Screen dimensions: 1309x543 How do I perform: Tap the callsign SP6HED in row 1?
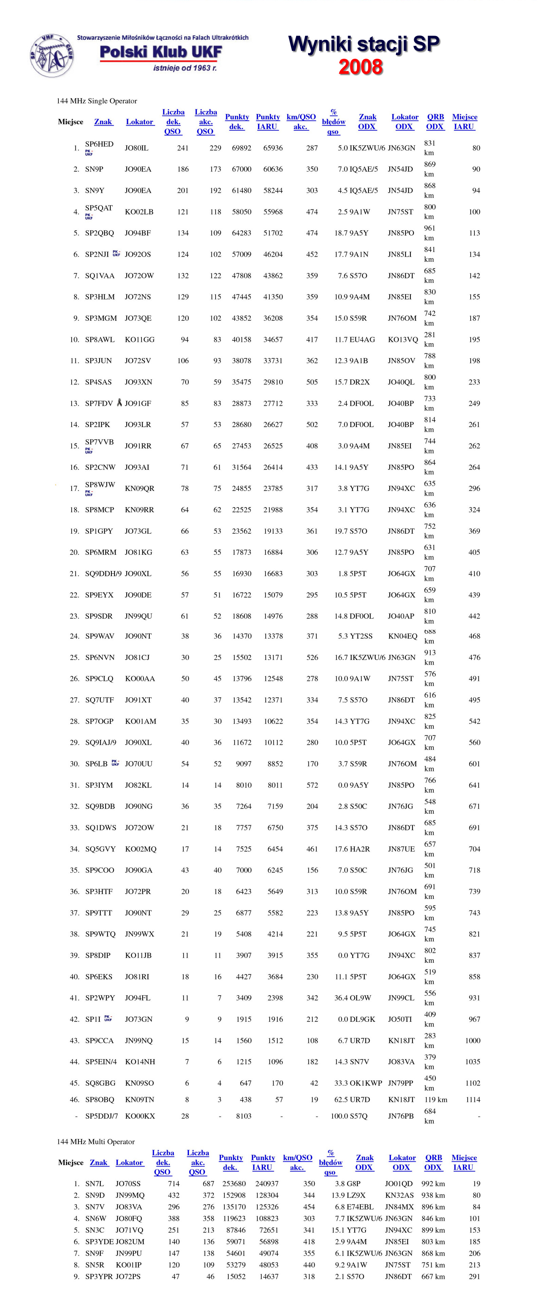(x=99, y=144)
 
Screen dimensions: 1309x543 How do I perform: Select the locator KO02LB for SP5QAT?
(x=139, y=212)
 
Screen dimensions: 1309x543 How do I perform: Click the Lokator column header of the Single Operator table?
(x=139, y=122)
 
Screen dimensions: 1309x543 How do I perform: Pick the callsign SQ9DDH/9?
(x=103, y=574)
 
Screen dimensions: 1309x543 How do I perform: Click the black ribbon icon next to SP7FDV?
(x=119, y=403)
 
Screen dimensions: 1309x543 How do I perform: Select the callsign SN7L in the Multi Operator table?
(x=94, y=1183)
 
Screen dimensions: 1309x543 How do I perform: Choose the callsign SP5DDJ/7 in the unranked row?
(x=101, y=1116)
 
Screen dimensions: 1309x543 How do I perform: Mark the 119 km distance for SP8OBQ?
(x=435, y=1100)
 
